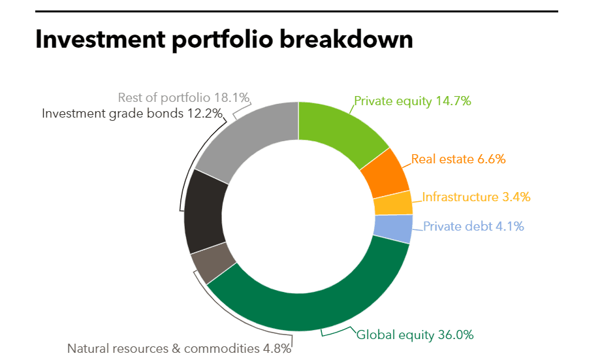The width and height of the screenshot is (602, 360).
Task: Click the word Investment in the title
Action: point(100,39)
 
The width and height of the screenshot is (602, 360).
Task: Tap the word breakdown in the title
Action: point(346,39)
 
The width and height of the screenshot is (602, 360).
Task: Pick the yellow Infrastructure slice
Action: point(393,203)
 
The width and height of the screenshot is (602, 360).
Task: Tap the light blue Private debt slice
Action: point(393,229)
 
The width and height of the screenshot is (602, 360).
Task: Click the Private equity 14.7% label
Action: point(413,101)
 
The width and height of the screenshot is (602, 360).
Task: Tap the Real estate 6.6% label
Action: point(458,159)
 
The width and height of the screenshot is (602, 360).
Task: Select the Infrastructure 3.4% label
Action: point(476,197)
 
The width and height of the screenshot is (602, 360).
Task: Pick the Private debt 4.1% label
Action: point(473,226)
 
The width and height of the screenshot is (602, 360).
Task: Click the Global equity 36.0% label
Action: point(415,335)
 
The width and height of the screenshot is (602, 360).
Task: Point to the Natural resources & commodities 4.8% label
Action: point(179,348)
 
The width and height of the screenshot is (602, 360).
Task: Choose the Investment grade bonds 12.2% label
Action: point(132,113)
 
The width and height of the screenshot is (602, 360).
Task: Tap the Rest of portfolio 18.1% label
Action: point(183,97)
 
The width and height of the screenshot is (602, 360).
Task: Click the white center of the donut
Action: point(298,216)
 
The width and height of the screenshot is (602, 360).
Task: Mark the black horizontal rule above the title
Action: point(297,12)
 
